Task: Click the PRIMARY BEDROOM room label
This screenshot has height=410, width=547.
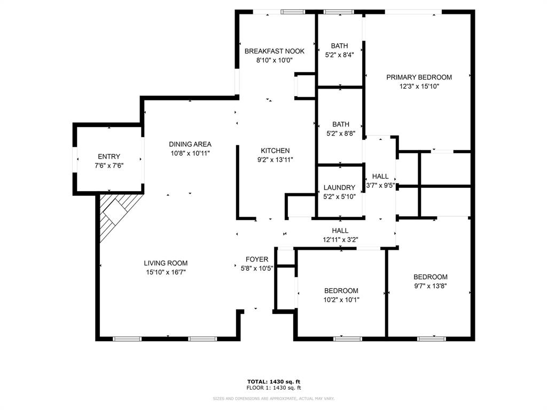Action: point(419,77)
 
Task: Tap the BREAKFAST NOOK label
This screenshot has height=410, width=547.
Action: point(274,51)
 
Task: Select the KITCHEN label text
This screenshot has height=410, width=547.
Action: point(275,151)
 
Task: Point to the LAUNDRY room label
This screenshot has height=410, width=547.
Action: point(339,187)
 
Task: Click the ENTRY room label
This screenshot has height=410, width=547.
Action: point(109,156)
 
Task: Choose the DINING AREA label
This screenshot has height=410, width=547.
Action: point(190,144)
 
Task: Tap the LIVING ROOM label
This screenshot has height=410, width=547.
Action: point(166,263)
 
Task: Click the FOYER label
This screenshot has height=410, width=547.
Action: point(257,259)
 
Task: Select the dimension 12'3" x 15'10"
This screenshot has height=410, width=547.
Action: point(419,86)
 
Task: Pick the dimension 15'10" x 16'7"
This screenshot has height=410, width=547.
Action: point(166,272)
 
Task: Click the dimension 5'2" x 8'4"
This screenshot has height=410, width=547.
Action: point(339,54)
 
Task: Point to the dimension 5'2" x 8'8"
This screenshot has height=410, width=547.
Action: point(339,134)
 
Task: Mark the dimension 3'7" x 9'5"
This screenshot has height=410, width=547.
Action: point(380,185)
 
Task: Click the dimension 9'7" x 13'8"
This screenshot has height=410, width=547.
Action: point(431,286)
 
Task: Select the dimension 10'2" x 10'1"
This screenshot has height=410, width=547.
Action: point(341,299)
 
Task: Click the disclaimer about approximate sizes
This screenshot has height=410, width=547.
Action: point(273,399)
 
